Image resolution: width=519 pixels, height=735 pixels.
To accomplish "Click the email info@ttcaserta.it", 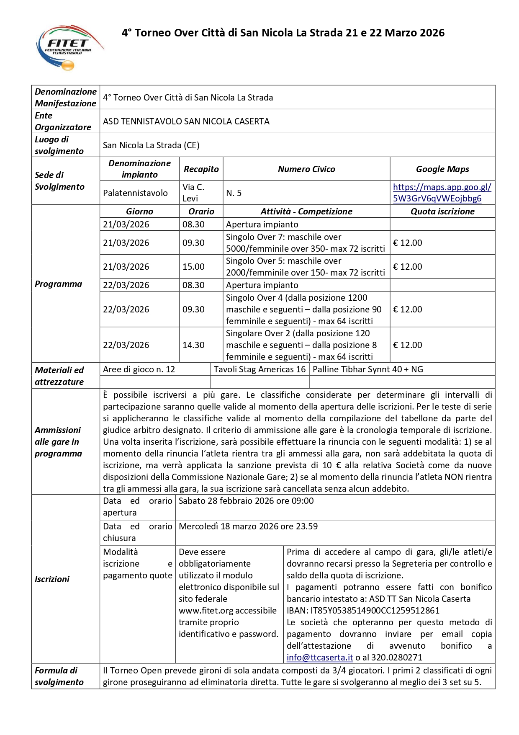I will click(319, 658).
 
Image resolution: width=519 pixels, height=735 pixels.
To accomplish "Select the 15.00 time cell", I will click(193, 267).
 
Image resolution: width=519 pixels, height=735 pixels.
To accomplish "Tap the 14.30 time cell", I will click(193, 345).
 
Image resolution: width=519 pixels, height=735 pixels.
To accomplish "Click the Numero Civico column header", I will click(306, 169).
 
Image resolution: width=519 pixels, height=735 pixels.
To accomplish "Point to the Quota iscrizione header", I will click(442, 211).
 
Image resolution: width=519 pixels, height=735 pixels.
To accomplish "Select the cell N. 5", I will click(234, 193).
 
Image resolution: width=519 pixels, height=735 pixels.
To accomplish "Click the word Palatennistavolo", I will click(135, 193).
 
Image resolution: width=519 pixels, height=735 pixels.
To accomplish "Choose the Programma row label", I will click(58, 284).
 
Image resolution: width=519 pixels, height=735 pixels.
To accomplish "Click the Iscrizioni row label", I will click(52, 579).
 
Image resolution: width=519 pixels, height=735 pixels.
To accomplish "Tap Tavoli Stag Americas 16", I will click(259, 369).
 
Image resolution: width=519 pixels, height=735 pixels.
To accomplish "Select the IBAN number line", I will click(363, 611).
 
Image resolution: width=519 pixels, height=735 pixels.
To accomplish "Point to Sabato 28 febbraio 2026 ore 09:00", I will click(246, 501).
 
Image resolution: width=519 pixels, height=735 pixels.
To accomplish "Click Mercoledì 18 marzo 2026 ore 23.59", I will click(248, 526).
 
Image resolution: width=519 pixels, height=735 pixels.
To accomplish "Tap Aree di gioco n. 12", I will click(139, 369).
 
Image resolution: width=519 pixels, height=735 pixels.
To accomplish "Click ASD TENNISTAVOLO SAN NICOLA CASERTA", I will click(186, 121).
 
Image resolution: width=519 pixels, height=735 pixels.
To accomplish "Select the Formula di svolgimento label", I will click(59, 676).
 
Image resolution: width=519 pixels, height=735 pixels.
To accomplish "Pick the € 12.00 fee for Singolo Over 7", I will click(407, 243).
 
